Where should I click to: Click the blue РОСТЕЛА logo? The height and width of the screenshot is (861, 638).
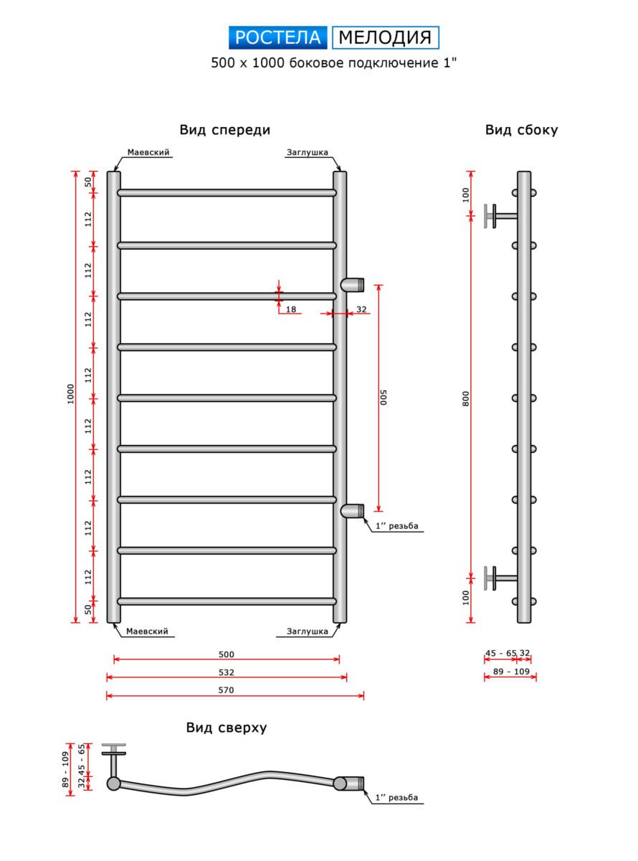tap(277, 37)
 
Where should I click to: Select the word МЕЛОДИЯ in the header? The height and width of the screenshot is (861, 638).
tap(385, 37)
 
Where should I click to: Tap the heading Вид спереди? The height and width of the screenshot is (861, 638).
tap(224, 130)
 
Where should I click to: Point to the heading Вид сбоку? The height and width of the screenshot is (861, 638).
tap(521, 130)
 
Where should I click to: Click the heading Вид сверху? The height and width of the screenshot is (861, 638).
tap(227, 727)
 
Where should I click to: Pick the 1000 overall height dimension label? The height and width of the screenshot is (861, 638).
tap(70, 394)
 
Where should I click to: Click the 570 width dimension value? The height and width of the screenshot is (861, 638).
tap(226, 690)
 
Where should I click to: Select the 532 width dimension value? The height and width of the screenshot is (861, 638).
tap(226, 672)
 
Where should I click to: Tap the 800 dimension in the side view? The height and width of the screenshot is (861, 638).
tap(465, 399)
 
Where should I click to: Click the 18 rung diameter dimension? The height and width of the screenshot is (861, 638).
tap(291, 309)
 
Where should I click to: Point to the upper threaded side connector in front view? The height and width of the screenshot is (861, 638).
tap(353, 285)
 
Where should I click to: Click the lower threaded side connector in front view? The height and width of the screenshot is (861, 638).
tap(353, 510)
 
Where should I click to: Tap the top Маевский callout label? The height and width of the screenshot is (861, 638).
tap(148, 152)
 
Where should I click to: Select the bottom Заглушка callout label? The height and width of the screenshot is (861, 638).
tap(308, 631)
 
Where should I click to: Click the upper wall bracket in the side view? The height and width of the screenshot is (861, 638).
tap(500, 216)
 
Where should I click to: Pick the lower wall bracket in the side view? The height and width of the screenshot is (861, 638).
tap(500, 578)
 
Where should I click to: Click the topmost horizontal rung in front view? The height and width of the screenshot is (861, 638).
tap(227, 192)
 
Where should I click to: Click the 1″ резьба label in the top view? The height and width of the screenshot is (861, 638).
tap(396, 797)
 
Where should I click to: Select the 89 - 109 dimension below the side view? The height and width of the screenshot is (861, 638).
tap(511, 672)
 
